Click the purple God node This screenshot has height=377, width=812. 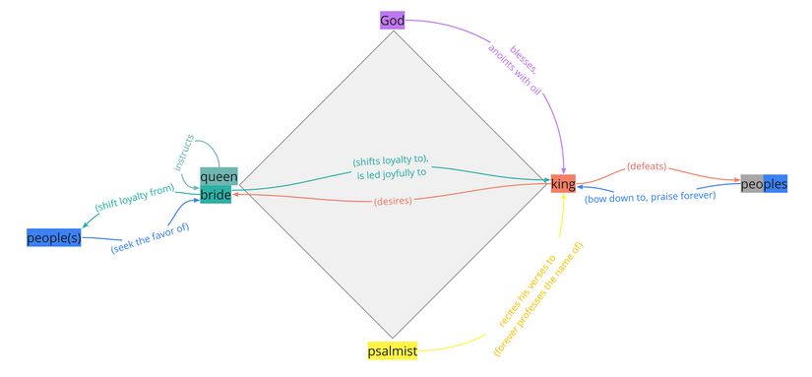coord(393,21)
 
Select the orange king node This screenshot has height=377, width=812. coord(563,185)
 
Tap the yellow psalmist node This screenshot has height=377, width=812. coord(392,350)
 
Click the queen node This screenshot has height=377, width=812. coord(219,177)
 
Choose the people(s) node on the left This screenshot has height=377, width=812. coord(54,237)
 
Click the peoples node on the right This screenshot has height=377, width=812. coord(764,184)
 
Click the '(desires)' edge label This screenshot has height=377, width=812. coord(392,202)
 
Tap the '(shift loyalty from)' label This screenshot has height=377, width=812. coord(135,199)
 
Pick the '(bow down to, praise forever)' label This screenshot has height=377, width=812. coord(650,196)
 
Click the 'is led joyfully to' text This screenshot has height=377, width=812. coord(392,173)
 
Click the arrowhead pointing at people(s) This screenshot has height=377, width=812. coord(85,225)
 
